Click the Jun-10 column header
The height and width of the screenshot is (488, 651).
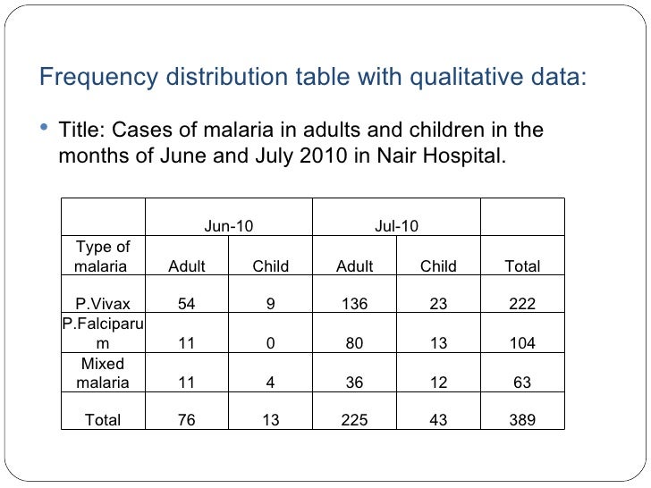pos(229,226)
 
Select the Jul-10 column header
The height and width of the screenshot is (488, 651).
pos(396,226)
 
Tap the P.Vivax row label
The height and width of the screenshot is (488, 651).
pos(103,304)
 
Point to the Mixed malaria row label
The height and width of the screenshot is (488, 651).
pos(103,373)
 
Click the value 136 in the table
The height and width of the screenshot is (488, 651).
pos(354,304)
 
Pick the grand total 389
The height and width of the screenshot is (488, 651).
pos(522,420)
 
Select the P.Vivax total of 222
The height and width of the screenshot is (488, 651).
pos(522,304)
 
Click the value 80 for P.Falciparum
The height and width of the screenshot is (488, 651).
pos(354,343)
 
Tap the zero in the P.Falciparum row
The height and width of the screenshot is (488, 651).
pos(270,343)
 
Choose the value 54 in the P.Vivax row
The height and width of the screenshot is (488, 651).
pos(186,304)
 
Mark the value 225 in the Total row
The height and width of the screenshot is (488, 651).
pos(354,420)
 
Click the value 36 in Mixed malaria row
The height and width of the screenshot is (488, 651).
pos(354,383)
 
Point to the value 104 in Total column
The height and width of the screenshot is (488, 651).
pos(522,343)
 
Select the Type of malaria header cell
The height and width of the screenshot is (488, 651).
pos(102,257)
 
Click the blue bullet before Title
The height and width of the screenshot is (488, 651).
pos(44,127)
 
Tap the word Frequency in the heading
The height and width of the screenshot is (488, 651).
pos(98,77)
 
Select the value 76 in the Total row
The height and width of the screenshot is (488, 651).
pos(186,420)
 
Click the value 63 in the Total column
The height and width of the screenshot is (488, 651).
pos(522,383)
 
